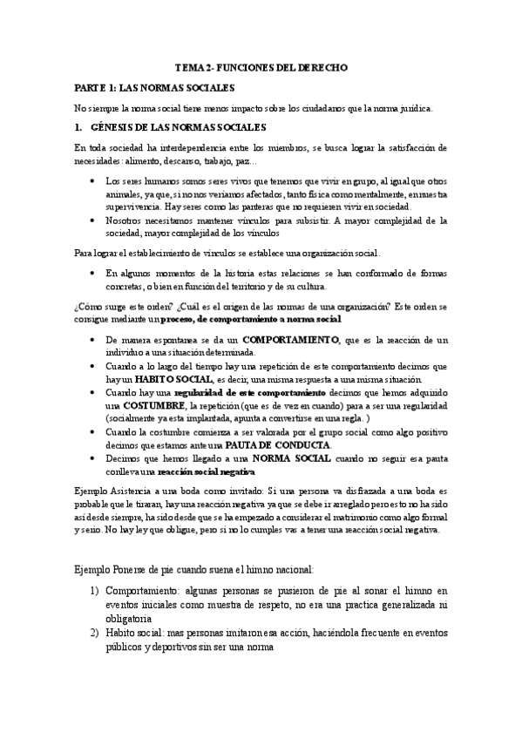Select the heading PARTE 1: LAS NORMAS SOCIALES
[154, 88]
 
